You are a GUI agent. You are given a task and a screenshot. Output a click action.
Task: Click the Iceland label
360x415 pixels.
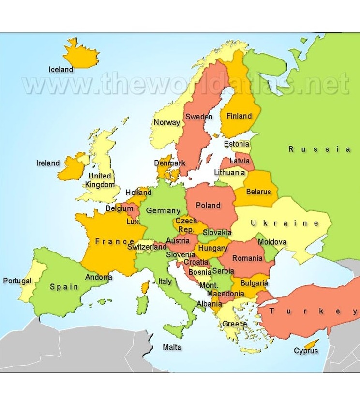point(61,69)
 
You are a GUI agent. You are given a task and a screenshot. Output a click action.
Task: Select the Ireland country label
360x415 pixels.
point(48,163)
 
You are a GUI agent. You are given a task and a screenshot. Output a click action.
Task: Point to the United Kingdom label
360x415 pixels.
point(100,180)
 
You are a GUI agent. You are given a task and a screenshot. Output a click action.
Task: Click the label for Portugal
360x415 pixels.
point(17,281)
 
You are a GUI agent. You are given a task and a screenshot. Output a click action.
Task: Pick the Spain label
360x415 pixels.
point(64,287)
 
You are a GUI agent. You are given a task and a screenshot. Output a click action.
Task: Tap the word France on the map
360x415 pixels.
point(114,241)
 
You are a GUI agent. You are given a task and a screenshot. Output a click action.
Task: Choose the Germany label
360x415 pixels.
point(163,211)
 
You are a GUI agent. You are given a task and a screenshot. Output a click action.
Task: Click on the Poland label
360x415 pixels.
point(208,205)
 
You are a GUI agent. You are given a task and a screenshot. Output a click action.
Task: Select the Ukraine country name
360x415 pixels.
point(285,223)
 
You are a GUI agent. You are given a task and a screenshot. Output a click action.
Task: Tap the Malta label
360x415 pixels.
point(172,347)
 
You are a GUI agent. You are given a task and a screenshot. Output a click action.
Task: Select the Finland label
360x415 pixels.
point(240,116)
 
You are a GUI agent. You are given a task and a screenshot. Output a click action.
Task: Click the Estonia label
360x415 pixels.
point(237,144)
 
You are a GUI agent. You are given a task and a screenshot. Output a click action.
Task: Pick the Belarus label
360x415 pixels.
point(259,192)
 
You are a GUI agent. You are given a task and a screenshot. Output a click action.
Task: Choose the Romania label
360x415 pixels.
point(247,258)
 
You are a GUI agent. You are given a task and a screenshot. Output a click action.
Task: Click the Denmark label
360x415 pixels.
point(170,163)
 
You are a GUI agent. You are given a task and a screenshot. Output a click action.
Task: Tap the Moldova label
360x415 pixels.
point(272,242)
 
